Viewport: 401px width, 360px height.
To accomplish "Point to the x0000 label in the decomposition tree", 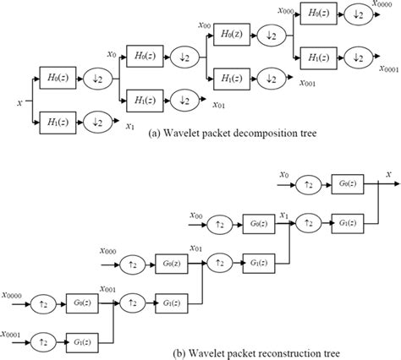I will [383, 5].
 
